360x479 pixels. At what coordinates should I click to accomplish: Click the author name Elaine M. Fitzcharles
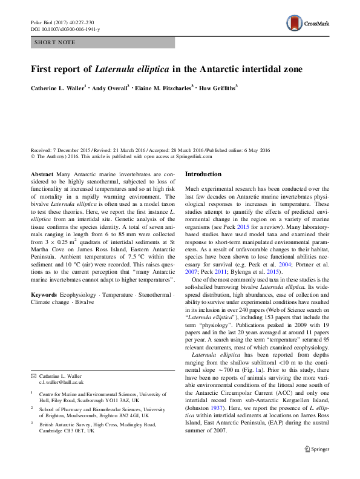tap(165, 88)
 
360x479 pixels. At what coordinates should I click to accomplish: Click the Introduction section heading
tap(204, 174)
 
